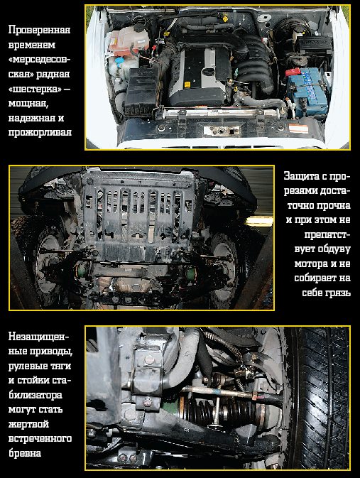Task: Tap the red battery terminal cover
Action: (x=293, y=72)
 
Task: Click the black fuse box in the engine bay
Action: (x=142, y=90)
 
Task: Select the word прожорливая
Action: (x=40, y=133)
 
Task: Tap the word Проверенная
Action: (x=40, y=30)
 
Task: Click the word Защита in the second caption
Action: (x=302, y=176)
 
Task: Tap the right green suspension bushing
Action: (x=190, y=273)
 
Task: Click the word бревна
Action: (x=25, y=453)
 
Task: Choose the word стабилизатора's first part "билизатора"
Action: (x=36, y=395)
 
